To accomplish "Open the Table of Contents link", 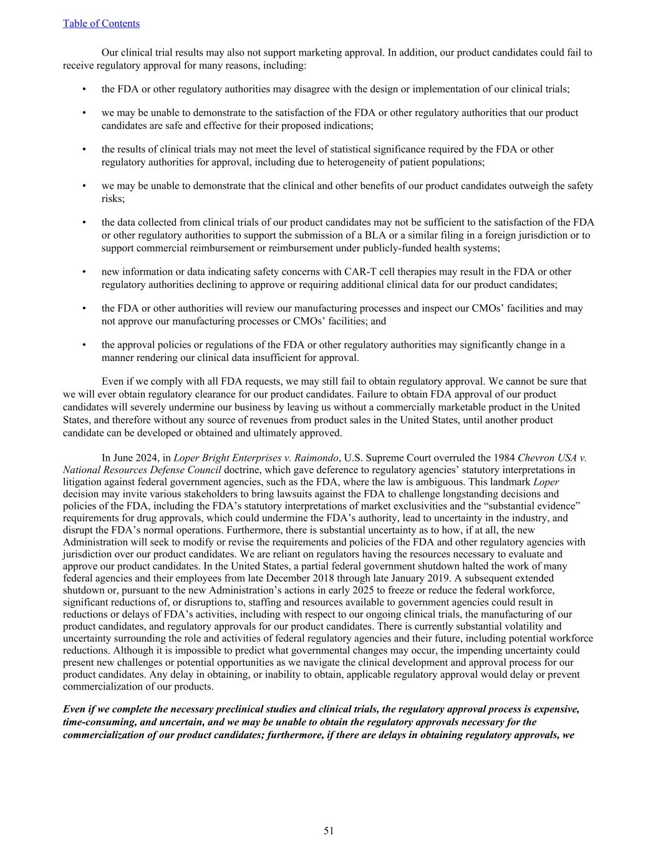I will point(101,24).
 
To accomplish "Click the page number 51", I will point(329,830).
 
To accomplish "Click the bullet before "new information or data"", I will point(84,272).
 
